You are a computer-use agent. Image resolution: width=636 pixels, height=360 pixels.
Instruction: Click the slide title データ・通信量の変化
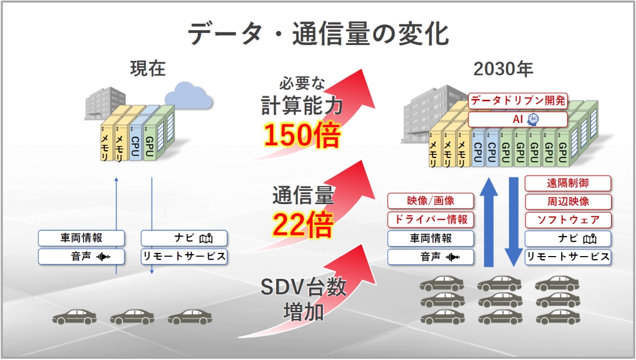pyautogui.click(x=318, y=34)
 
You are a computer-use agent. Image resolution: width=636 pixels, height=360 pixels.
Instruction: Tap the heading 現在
pyautogui.click(x=148, y=69)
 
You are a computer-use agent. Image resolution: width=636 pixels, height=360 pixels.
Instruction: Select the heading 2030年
pyautogui.click(x=503, y=69)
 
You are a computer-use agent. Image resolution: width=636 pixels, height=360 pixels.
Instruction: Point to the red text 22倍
pyautogui.click(x=303, y=225)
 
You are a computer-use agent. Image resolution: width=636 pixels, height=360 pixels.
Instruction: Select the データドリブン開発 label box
pyautogui.click(x=518, y=100)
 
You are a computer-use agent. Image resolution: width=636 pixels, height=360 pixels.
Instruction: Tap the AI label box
pyautogui.click(x=518, y=119)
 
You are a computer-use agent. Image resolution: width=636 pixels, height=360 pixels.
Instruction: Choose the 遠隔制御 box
pyautogui.click(x=568, y=183)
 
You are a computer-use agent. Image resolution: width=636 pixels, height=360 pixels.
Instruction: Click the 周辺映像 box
pyautogui.click(x=568, y=201)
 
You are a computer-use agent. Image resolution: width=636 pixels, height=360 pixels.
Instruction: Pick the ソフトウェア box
pyautogui.click(x=568, y=219)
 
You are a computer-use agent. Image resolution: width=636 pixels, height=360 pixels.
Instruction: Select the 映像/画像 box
pyautogui.click(x=430, y=201)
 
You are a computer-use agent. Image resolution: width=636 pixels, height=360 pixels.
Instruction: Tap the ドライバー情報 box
pyautogui.click(x=430, y=219)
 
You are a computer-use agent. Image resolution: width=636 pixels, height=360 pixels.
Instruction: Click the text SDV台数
pyautogui.click(x=303, y=287)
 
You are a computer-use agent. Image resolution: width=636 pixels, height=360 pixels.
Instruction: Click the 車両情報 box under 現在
pyautogui.click(x=81, y=238)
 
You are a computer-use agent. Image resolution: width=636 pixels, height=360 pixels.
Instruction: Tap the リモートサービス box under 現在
pyautogui.click(x=184, y=257)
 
